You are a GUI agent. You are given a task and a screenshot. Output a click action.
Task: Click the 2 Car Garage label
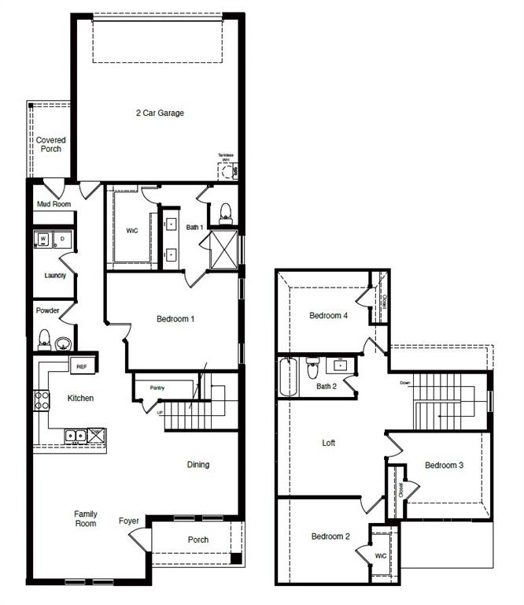[160, 113]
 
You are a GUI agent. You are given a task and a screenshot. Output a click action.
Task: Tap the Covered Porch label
[51, 144]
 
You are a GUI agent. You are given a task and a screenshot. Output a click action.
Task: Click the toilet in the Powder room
[45, 340]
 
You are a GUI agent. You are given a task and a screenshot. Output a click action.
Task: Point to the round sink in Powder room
[64, 343]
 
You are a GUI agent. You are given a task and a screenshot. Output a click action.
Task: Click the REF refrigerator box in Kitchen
[82, 366]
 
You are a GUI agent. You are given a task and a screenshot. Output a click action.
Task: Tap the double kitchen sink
[76, 435]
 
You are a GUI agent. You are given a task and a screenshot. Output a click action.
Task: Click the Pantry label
[157, 388]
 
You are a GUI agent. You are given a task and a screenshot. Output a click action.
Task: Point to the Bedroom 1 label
[175, 319]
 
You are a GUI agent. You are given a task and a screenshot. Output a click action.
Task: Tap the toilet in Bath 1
[226, 211]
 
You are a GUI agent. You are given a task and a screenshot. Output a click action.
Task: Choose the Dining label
[198, 465]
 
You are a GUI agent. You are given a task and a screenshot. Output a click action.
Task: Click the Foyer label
[129, 521]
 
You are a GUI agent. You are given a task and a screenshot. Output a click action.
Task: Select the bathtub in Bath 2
[289, 378]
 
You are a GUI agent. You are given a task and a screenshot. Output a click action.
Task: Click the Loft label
[329, 444]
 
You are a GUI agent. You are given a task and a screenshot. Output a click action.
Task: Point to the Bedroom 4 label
[328, 316]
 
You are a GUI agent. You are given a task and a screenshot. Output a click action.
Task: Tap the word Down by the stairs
[405, 383]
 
